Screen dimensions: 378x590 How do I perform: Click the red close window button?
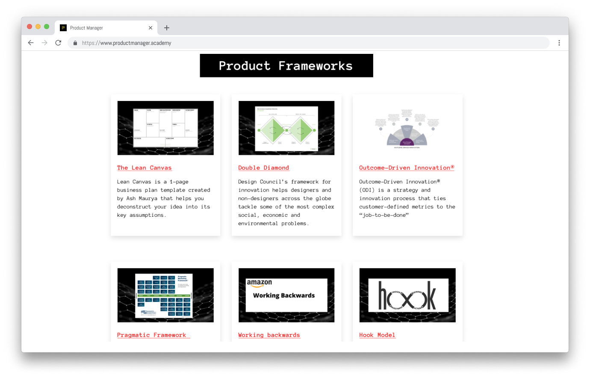click(x=29, y=27)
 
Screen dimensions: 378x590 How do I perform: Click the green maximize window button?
click(x=47, y=27)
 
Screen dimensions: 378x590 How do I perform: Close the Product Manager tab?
click(x=150, y=28)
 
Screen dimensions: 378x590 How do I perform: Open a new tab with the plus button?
click(x=167, y=28)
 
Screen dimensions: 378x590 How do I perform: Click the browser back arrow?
click(x=31, y=43)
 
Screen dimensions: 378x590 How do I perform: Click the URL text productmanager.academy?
click(x=127, y=43)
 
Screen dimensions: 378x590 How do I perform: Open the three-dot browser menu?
click(x=559, y=43)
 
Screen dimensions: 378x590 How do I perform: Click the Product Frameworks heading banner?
click(x=286, y=66)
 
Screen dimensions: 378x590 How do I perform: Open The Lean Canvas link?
click(x=144, y=168)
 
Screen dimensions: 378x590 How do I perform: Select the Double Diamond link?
click(x=263, y=168)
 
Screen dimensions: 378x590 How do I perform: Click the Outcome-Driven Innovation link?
click(x=406, y=168)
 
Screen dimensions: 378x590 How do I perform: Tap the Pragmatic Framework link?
click(x=152, y=335)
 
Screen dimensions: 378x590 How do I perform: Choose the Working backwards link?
click(x=269, y=335)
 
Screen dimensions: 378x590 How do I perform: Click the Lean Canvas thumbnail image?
click(x=165, y=128)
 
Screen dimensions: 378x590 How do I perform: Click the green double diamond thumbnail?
click(x=286, y=128)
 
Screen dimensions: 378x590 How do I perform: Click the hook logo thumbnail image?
click(x=407, y=295)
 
